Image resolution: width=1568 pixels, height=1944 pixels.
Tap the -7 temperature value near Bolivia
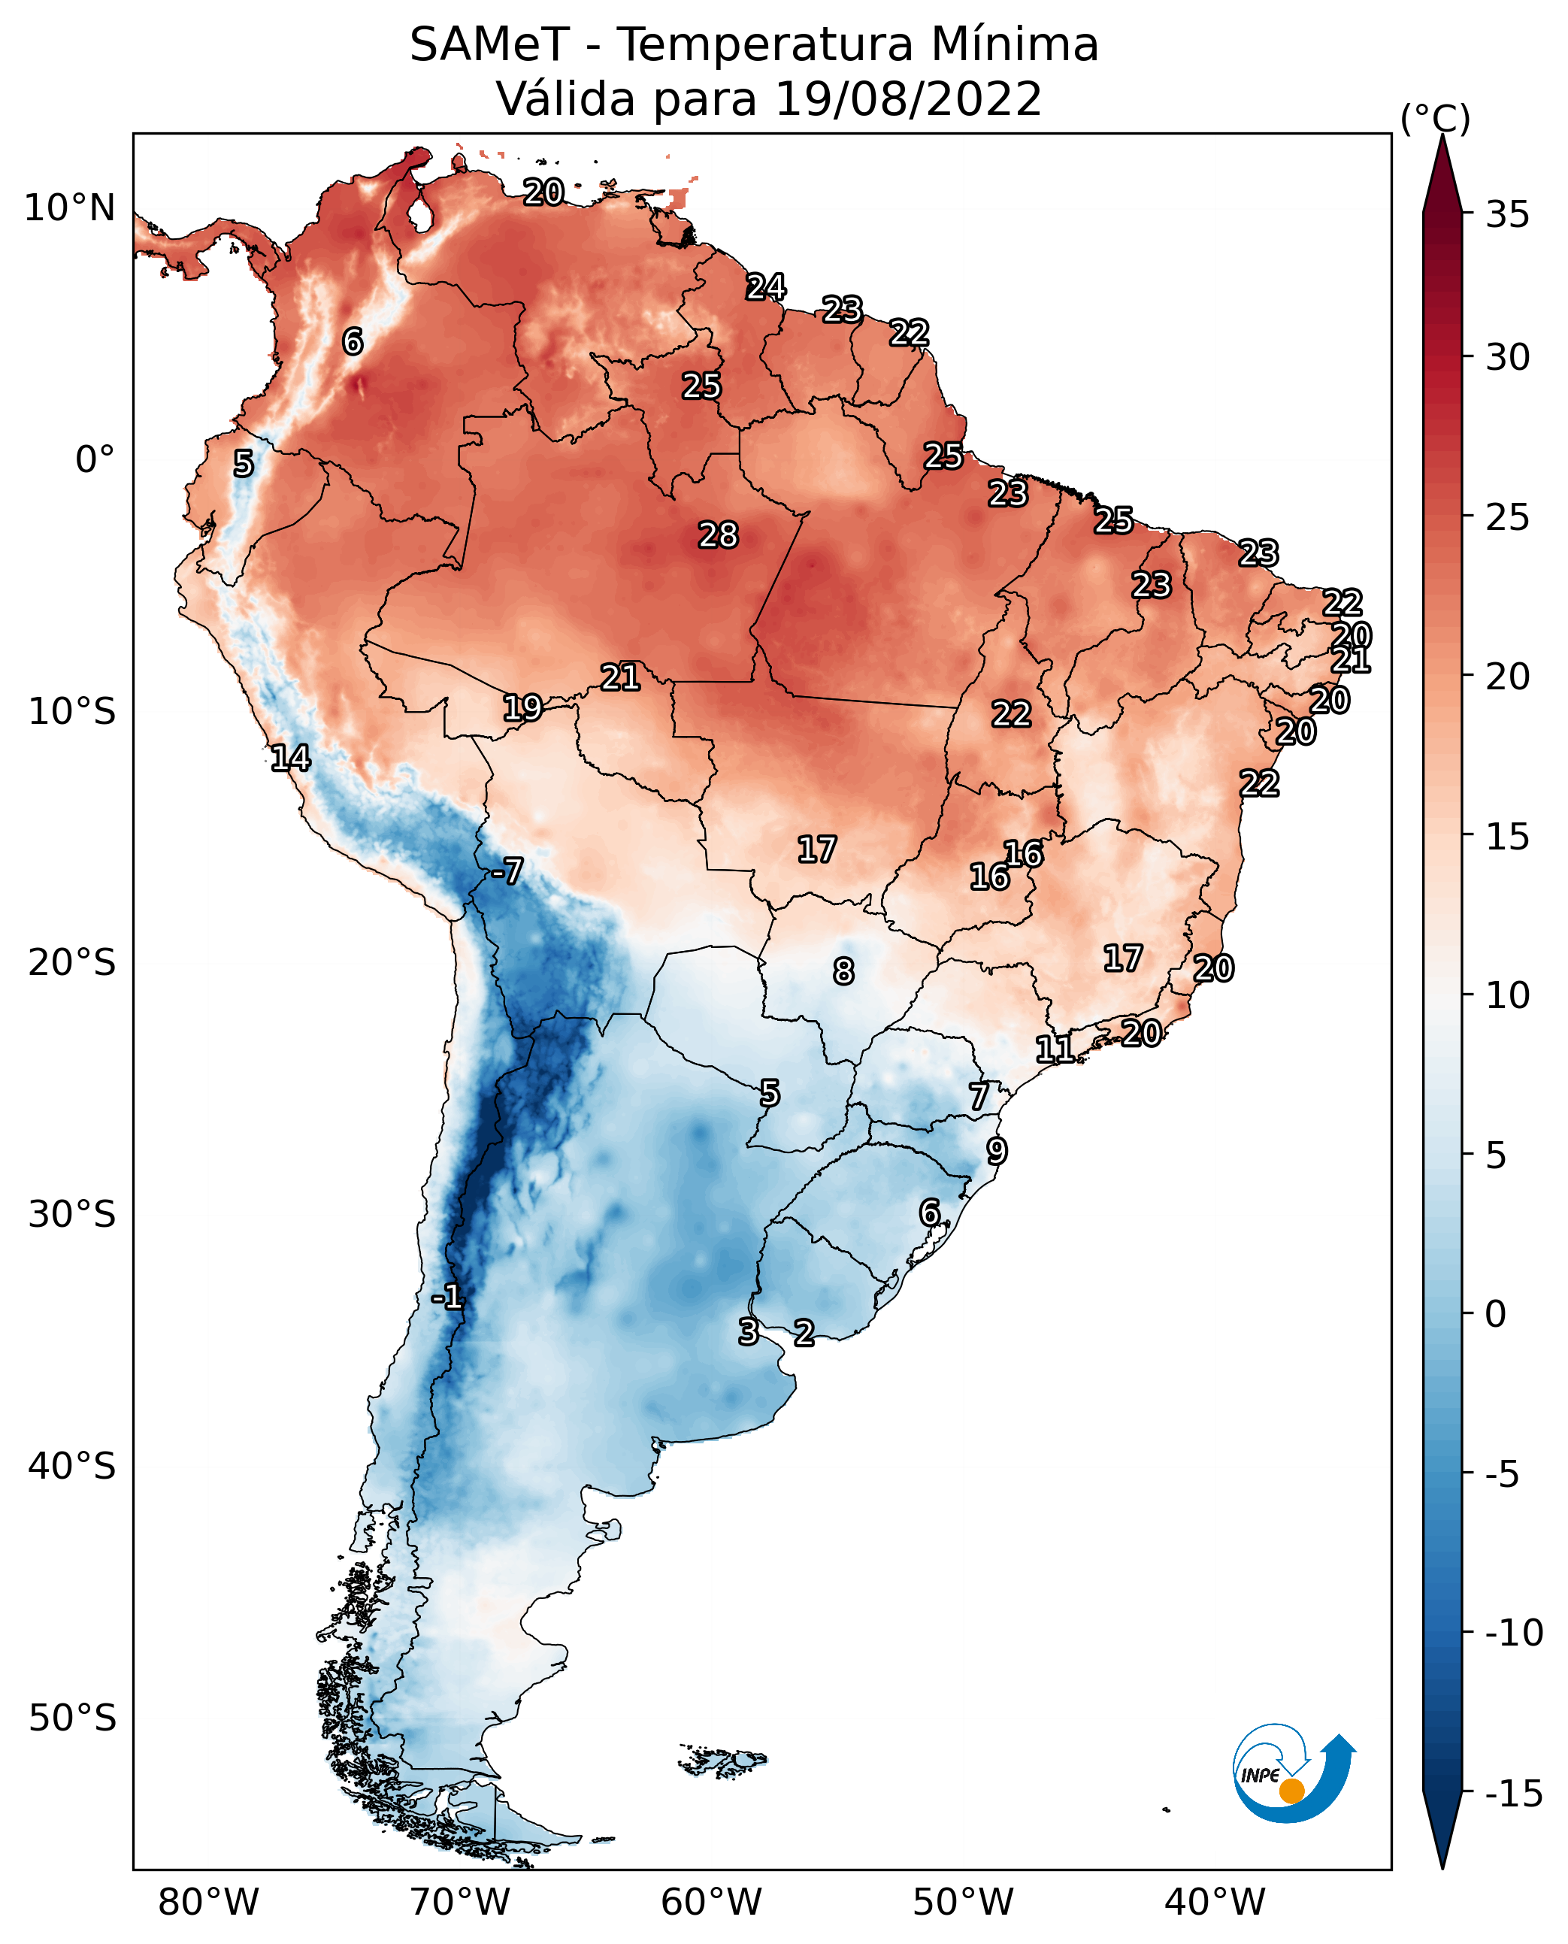point(507,871)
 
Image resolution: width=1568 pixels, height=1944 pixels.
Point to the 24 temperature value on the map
point(766,287)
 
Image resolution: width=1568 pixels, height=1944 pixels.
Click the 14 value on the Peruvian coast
point(291,758)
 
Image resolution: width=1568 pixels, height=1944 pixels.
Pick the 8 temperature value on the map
point(843,971)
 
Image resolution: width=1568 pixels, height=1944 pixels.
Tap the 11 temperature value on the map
point(1054,1049)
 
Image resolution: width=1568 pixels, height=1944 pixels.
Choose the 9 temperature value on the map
point(996,1151)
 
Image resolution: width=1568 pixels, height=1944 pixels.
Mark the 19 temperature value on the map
point(522,707)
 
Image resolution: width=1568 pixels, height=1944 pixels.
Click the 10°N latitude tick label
point(70,209)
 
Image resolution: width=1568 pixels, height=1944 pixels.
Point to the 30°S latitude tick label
point(72,1215)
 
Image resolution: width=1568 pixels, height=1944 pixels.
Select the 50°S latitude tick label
point(72,1717)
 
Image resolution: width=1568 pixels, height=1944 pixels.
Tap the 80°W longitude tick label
point(209,1902)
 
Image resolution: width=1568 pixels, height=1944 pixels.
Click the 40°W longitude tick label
point(1214,1902)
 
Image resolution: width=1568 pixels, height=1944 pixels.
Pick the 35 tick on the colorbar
point(1507,215)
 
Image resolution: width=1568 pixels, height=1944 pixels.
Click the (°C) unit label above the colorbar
point(1435,118)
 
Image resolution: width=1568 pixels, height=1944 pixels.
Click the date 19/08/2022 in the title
point(908,98)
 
